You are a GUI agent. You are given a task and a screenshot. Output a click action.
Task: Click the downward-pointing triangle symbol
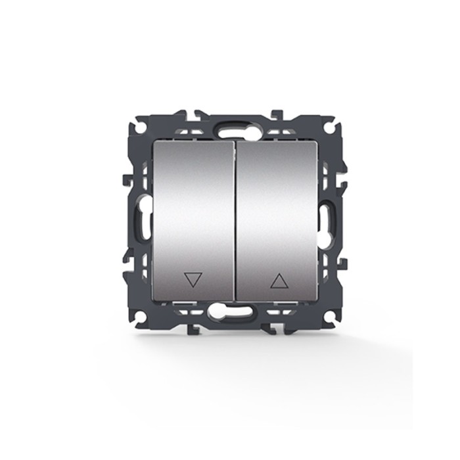(x=193, y=281)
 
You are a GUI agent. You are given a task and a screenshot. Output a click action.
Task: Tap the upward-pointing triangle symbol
(x=279, y=281)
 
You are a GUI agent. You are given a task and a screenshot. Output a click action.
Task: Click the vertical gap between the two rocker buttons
(x=233, y=220)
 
